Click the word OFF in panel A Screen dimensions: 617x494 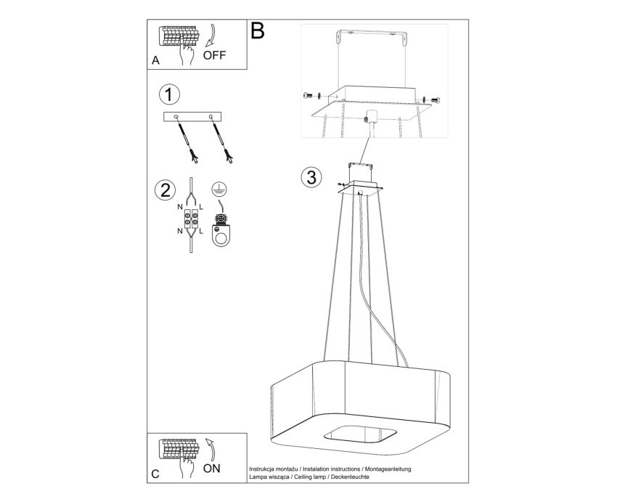click(x=214, y=55)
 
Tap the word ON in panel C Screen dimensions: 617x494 click(x=212, y=469)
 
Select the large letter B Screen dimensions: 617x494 click(x=258, y=30)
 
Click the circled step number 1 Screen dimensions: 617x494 click(x=169, y=95)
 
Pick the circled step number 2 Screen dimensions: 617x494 click(x=166, y=190)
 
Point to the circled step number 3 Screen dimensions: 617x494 click(x=311, y=177)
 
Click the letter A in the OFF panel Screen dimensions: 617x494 click(x=156, y=61)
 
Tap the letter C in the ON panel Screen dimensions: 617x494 click(x=155, y=474)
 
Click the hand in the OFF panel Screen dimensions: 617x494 click(x=187, y=54)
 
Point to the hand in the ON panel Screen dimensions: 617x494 click(x=187, y=467)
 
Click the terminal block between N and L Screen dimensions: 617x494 click(x=191, y=219)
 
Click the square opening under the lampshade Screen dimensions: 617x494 click(x=360, y=435)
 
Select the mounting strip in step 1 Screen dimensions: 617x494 click(x=192, y=117)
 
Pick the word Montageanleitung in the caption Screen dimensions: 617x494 click(x=388, y=469)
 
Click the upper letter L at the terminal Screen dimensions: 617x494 click(x=201, y=206)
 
